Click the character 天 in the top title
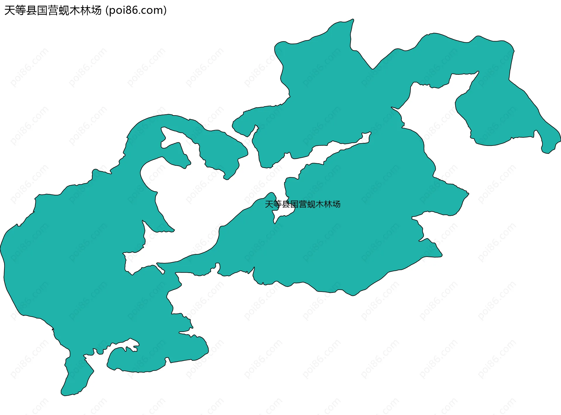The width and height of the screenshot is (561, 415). (x=10, y=10)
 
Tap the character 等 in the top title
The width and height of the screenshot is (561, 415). (x=20, y=10)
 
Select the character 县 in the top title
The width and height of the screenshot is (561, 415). (x=31, y=10)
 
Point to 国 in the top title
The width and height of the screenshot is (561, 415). (x=42, y=10)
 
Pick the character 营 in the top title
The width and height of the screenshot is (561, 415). (x=53, y=10)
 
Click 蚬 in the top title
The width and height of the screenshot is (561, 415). (x=64, y=10)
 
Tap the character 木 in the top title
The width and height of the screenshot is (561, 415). (x=75, y=10)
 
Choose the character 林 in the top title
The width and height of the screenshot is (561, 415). (x=85, y=10)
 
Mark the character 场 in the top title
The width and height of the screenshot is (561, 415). (x=96, y=10)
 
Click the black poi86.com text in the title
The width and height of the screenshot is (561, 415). (x=136, y=10)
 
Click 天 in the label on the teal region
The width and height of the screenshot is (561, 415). (x=269, y=204)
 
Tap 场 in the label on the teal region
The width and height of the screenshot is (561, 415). (x=336, y=204)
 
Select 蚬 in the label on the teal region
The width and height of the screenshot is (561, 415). (x=311, y=204)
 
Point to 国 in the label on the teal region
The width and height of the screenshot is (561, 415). (x=294, y=204)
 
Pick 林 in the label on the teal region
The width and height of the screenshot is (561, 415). (x=328, y=204)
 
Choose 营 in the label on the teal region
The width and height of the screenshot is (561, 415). (x=303, y=204)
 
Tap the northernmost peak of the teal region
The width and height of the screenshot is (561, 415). (x=353, y=20)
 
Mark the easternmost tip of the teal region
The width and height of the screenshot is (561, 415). (x=560, y=136)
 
